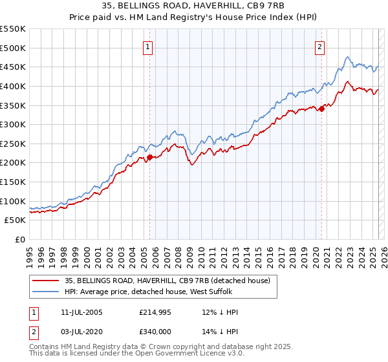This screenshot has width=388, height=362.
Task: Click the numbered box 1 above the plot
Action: (148, 46)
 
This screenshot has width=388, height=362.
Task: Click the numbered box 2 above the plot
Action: (320, 46)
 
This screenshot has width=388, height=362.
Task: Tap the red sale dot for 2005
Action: (149, 156)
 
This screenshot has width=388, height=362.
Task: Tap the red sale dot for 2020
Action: (321, 109)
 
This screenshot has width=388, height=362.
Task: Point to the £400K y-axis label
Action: (14, 86)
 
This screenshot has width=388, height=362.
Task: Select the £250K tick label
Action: (14, 144)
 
